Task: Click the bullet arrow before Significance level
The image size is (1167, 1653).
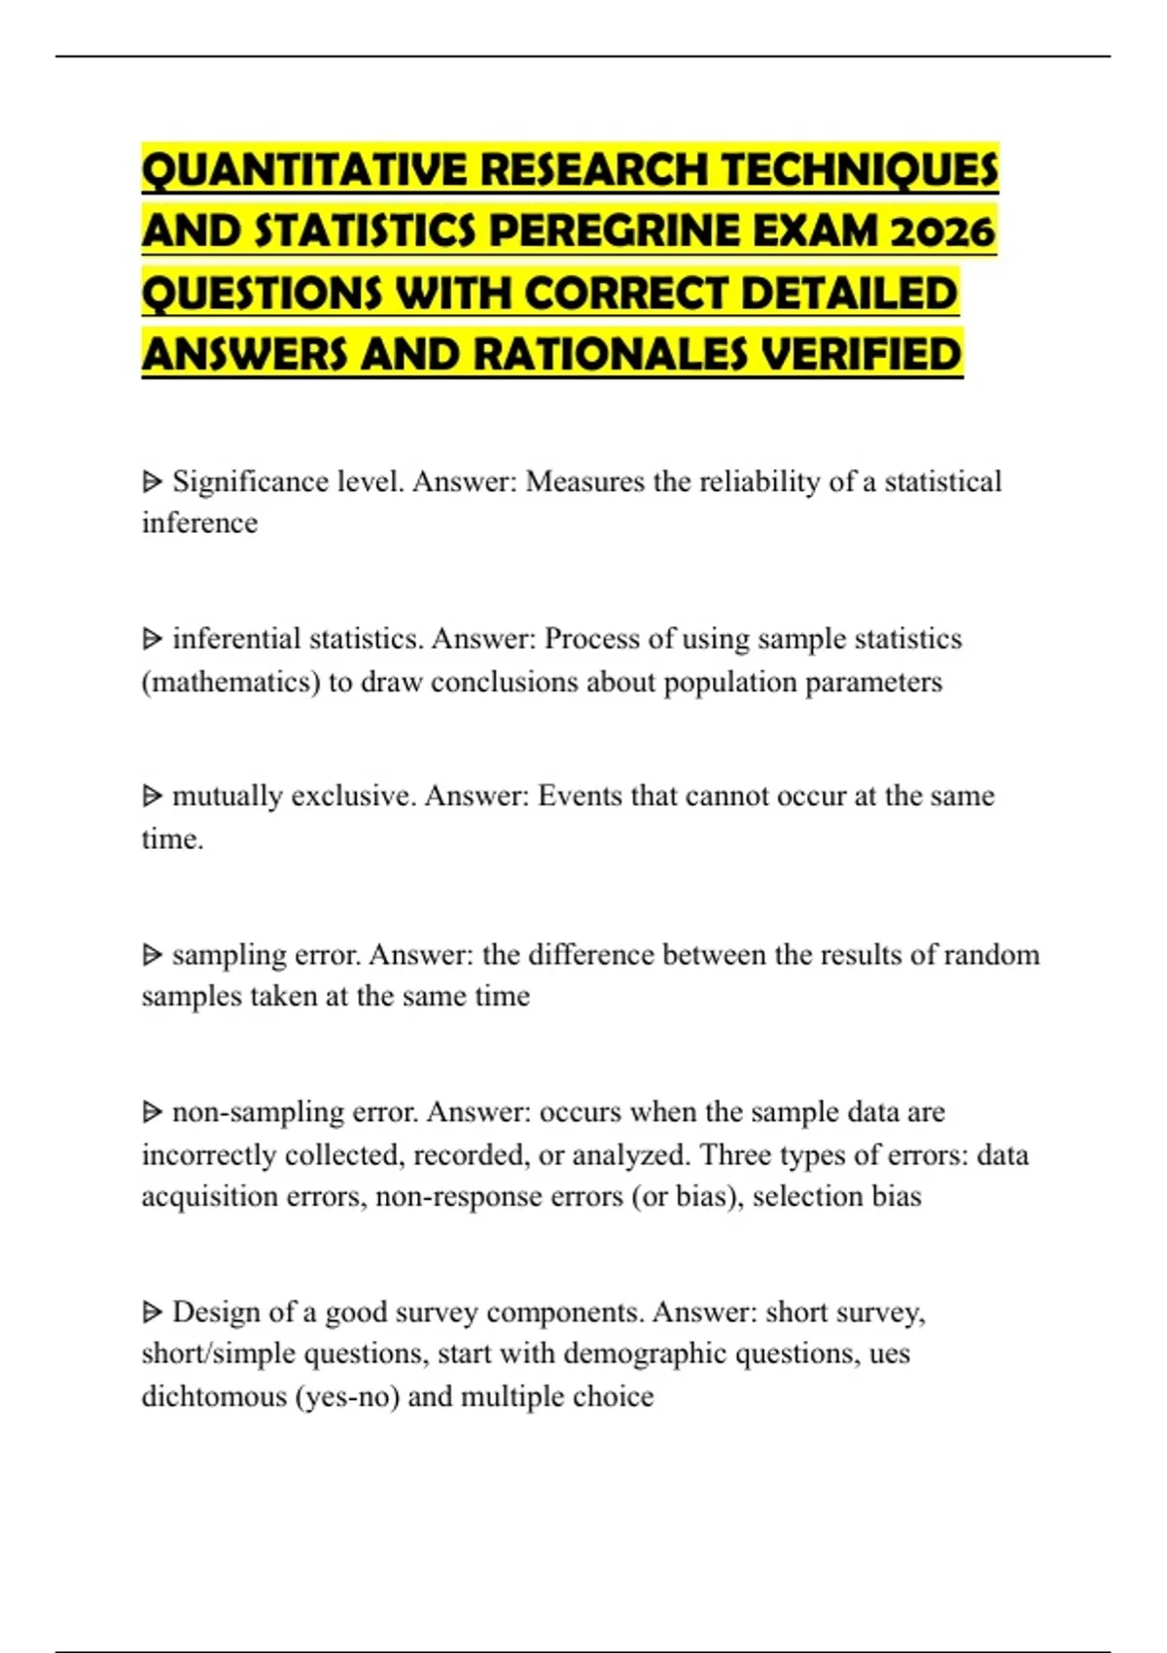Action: (x=152, y=481)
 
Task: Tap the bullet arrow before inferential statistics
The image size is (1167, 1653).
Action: (x=152, y=639)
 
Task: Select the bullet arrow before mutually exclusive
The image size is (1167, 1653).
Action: (x=152, y=796)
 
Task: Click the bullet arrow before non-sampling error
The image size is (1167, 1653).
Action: (x=152, y=1111)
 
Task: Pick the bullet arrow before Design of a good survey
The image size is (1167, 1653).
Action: (x=152, y=1313)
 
